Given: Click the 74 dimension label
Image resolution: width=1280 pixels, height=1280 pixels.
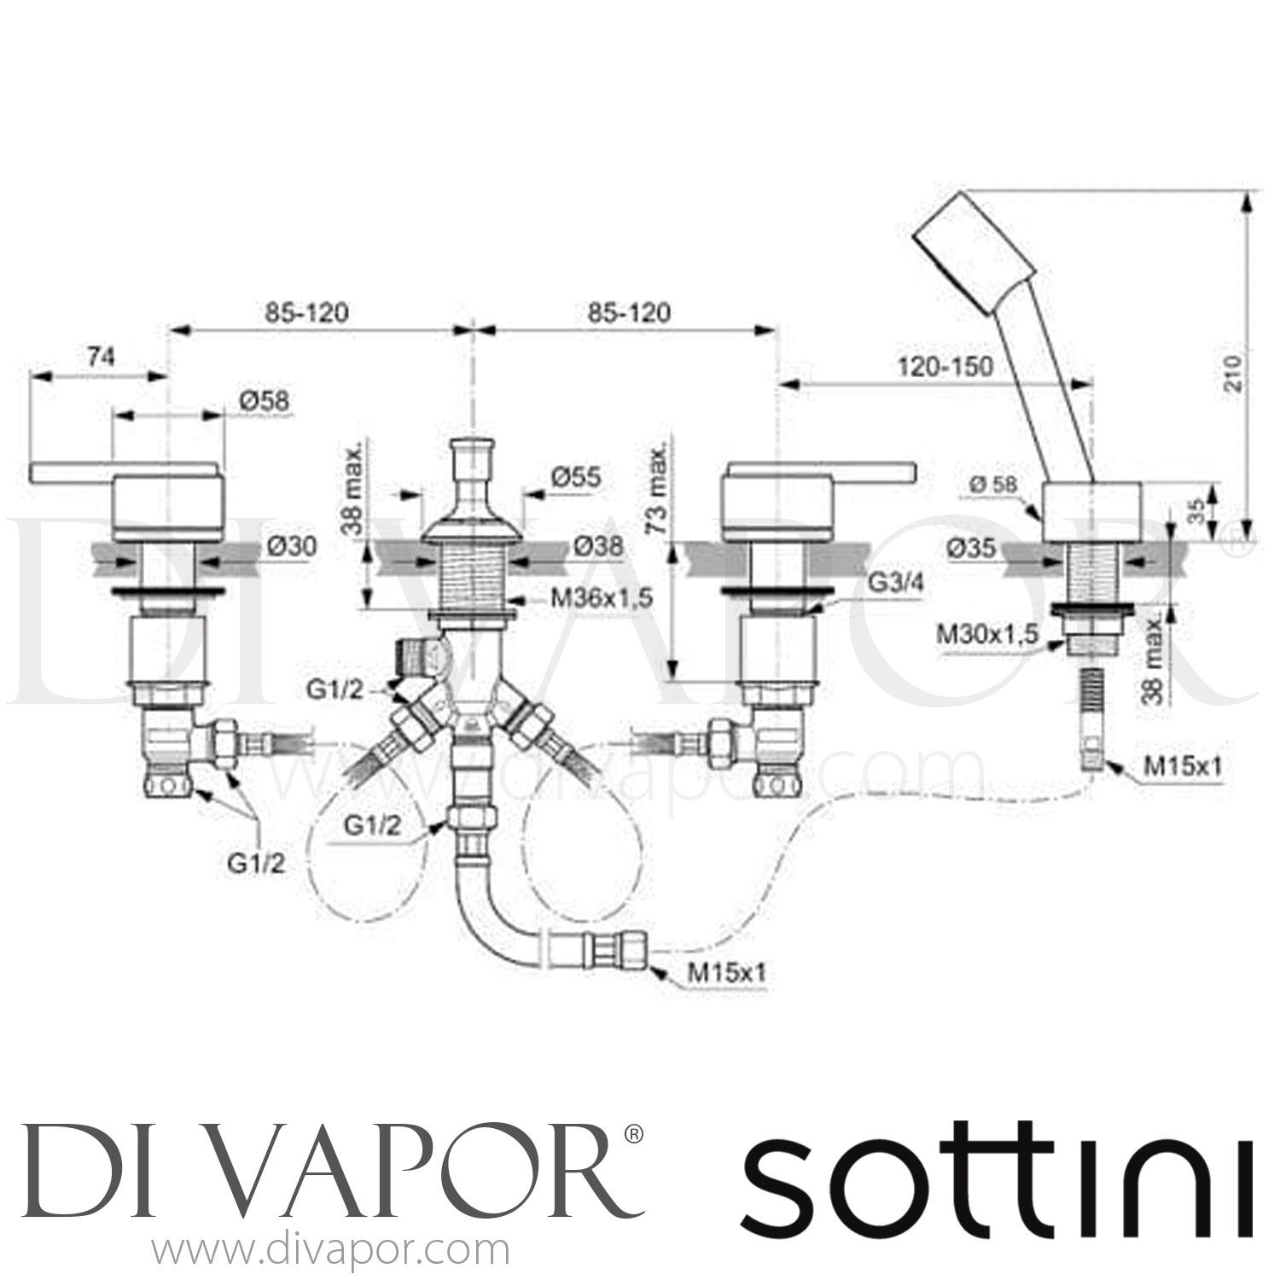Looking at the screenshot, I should point(101,358).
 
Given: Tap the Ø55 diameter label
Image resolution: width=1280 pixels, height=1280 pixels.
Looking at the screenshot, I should point(575,479).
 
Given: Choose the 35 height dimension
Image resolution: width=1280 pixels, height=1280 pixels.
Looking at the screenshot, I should point(1196,511).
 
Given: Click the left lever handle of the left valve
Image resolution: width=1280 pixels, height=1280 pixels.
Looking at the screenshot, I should point(73,471).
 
